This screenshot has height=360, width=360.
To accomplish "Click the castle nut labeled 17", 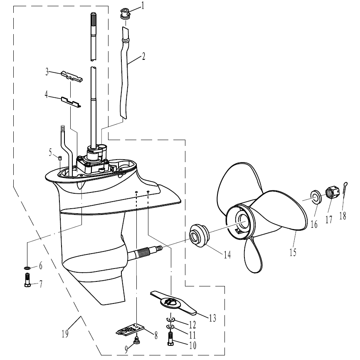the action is [331, 192].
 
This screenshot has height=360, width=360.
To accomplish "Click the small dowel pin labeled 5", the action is [60, 158].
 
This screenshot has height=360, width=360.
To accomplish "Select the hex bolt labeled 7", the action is [27, 279].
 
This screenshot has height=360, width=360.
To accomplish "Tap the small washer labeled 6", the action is [27, 268].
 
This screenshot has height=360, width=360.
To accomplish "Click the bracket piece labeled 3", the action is [72, 76].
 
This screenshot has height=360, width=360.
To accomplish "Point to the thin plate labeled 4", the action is [71, 101].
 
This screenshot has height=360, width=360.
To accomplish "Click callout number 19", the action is [65, 333].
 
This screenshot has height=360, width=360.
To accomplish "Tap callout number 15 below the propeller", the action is [293, 252].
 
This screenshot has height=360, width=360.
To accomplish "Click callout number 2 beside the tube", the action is [143, 56].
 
